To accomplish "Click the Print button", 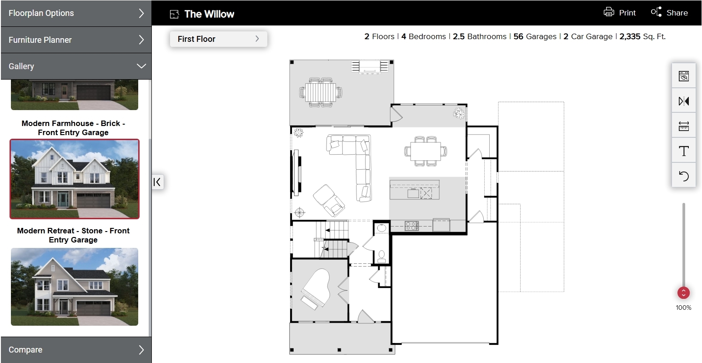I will pyautogui.click(x=619, y=13).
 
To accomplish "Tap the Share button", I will pyautogui.click(x=669, y=13).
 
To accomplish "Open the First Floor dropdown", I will pyautogui.click(x=218, y=39).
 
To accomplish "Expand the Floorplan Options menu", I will pyautogui.click(x=75, y=13).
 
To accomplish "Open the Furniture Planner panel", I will pyautogui.click(x=75, y=40).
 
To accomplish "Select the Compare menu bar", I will pyautogui.click(x=75, y=350).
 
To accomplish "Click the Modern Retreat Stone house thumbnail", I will pyautogui.click(x=75, y=287).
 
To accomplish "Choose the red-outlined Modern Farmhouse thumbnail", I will pyautogui.click(x=75, y=179).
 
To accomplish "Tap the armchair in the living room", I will pyautogui.click(x=329, y=200).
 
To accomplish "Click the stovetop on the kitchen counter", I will pyautogui.click(x=411, y=226).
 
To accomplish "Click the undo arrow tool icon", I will pyautogui.click(x=683, y=176).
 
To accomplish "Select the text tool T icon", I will pyautogui.click(x=683, y=151).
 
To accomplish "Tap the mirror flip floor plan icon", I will pyautogui.click(x=683, y=101).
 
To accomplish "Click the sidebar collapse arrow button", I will pyautogui.click(x=157, y=182).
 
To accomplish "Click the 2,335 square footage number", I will pyautogui.click(x=630, y=37).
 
